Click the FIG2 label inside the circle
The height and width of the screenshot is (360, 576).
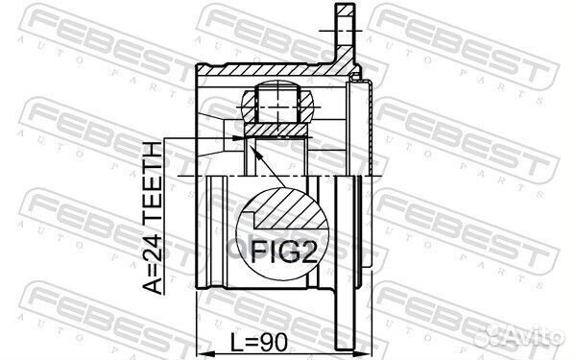click(x=287, y=252)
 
